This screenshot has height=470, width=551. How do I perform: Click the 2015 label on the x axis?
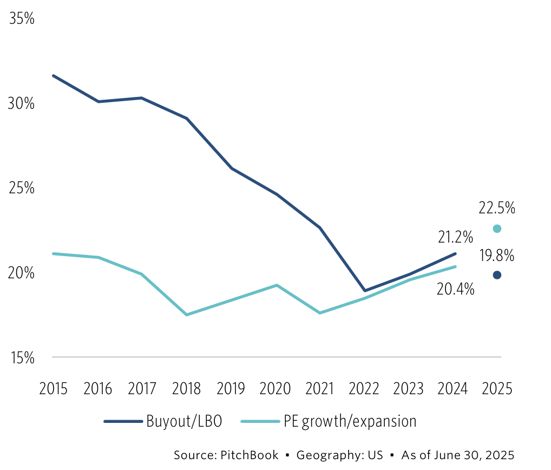point(53,389)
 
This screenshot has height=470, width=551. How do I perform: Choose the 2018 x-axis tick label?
point(186,389)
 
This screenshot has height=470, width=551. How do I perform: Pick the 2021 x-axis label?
point(320,389)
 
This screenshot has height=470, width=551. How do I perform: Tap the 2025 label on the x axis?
point(497,389)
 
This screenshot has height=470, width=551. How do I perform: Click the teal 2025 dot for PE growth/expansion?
point(497,229)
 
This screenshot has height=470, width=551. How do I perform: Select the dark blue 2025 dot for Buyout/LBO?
point(497,275)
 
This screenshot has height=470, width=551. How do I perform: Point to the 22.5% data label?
point(497,207)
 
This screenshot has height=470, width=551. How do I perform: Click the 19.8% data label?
point(497,255)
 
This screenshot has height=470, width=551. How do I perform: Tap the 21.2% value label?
point(456,237)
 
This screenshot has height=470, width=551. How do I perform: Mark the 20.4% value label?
point(456,289)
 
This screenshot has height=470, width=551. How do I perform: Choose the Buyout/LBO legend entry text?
point(183,422)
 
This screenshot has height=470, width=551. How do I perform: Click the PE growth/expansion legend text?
point(350,422)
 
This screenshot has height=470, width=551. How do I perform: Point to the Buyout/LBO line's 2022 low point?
point(365,291)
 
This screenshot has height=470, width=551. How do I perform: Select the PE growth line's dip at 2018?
point(187,315)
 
